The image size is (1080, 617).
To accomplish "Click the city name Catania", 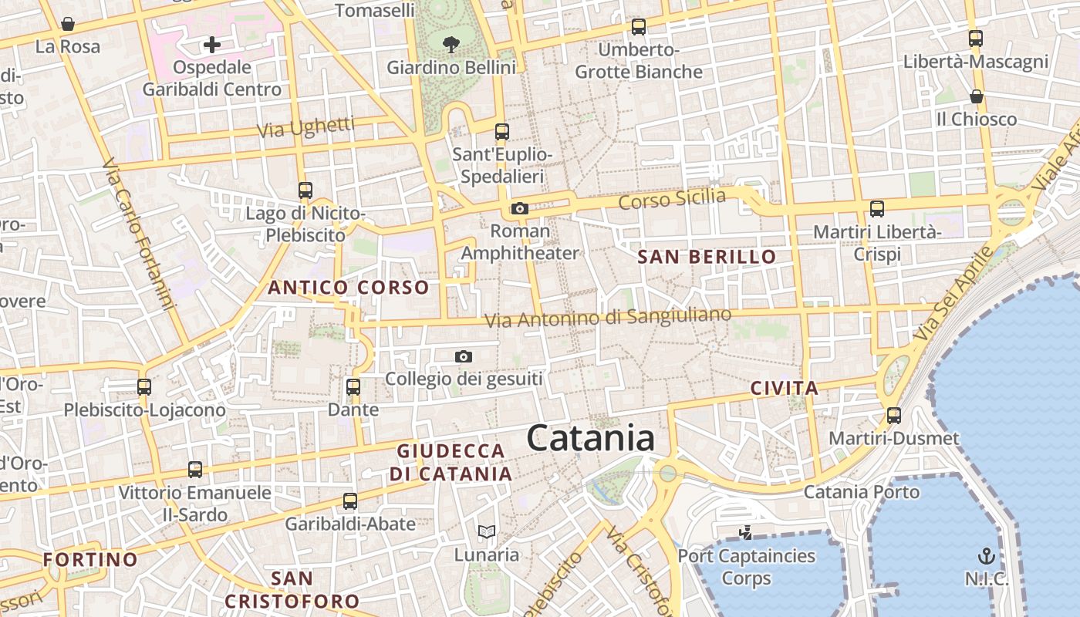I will (x=591, y=438).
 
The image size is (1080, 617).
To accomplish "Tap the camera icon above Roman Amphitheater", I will (x=519, y=208).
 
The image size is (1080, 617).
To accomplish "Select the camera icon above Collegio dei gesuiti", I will (x=463, y=356).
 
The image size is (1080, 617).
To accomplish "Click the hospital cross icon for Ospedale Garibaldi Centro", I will (x=211, y=45).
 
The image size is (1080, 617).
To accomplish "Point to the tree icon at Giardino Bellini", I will (x=451, y=45).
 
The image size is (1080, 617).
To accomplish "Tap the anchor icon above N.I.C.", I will (x=986, y=556).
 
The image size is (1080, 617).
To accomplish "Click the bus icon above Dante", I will (x=353, y=387).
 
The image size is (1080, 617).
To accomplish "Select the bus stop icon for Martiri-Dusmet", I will (x=893, y=416).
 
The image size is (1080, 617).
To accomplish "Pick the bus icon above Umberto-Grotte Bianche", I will (x=639, y=27).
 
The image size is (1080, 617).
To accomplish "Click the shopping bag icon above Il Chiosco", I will (x=976, y=96).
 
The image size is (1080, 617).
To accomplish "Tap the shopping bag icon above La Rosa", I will (x=68, y=24).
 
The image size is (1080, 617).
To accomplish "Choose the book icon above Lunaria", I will (x=486, y=531).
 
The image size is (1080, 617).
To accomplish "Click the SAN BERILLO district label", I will (x=707, y=258).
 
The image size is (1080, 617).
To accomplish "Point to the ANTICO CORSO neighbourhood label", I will (x=348, y=288).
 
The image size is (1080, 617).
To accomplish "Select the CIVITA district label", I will (x=784, y=388).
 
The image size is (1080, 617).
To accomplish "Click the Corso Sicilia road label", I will (x=672, y=199).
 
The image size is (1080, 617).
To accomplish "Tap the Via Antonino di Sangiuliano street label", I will (x=607, y=316).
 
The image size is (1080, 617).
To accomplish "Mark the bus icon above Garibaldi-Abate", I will (x=350, y=501).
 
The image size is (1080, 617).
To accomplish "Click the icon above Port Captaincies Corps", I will (x=745, y=532).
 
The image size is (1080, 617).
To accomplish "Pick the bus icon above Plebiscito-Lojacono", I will (x=144, y=387).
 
